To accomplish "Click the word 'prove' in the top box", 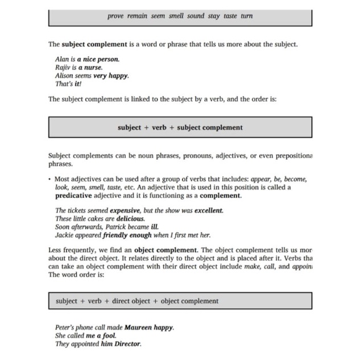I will pyautogui.click(x=115, y=16).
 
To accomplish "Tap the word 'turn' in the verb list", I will pyautogui.click(x=247, y=16).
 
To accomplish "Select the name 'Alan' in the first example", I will pyautogui.click(x=61, y=59).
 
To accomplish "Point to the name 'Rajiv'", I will pyautogui.click(x=63, y=67).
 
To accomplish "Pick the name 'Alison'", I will pyautogui.click(x=64, y=75).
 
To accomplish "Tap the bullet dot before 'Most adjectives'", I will pyautogui.click(x=49, y=179).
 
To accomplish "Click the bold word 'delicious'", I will pyautogui.click(x=130, y=218).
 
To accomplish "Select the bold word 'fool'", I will pyautogui.click(x=108, y=336).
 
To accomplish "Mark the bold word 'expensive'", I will pyautogui.click(x=125, y=210).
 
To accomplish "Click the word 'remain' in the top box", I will pyautogui.click(x=137, y=16).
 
